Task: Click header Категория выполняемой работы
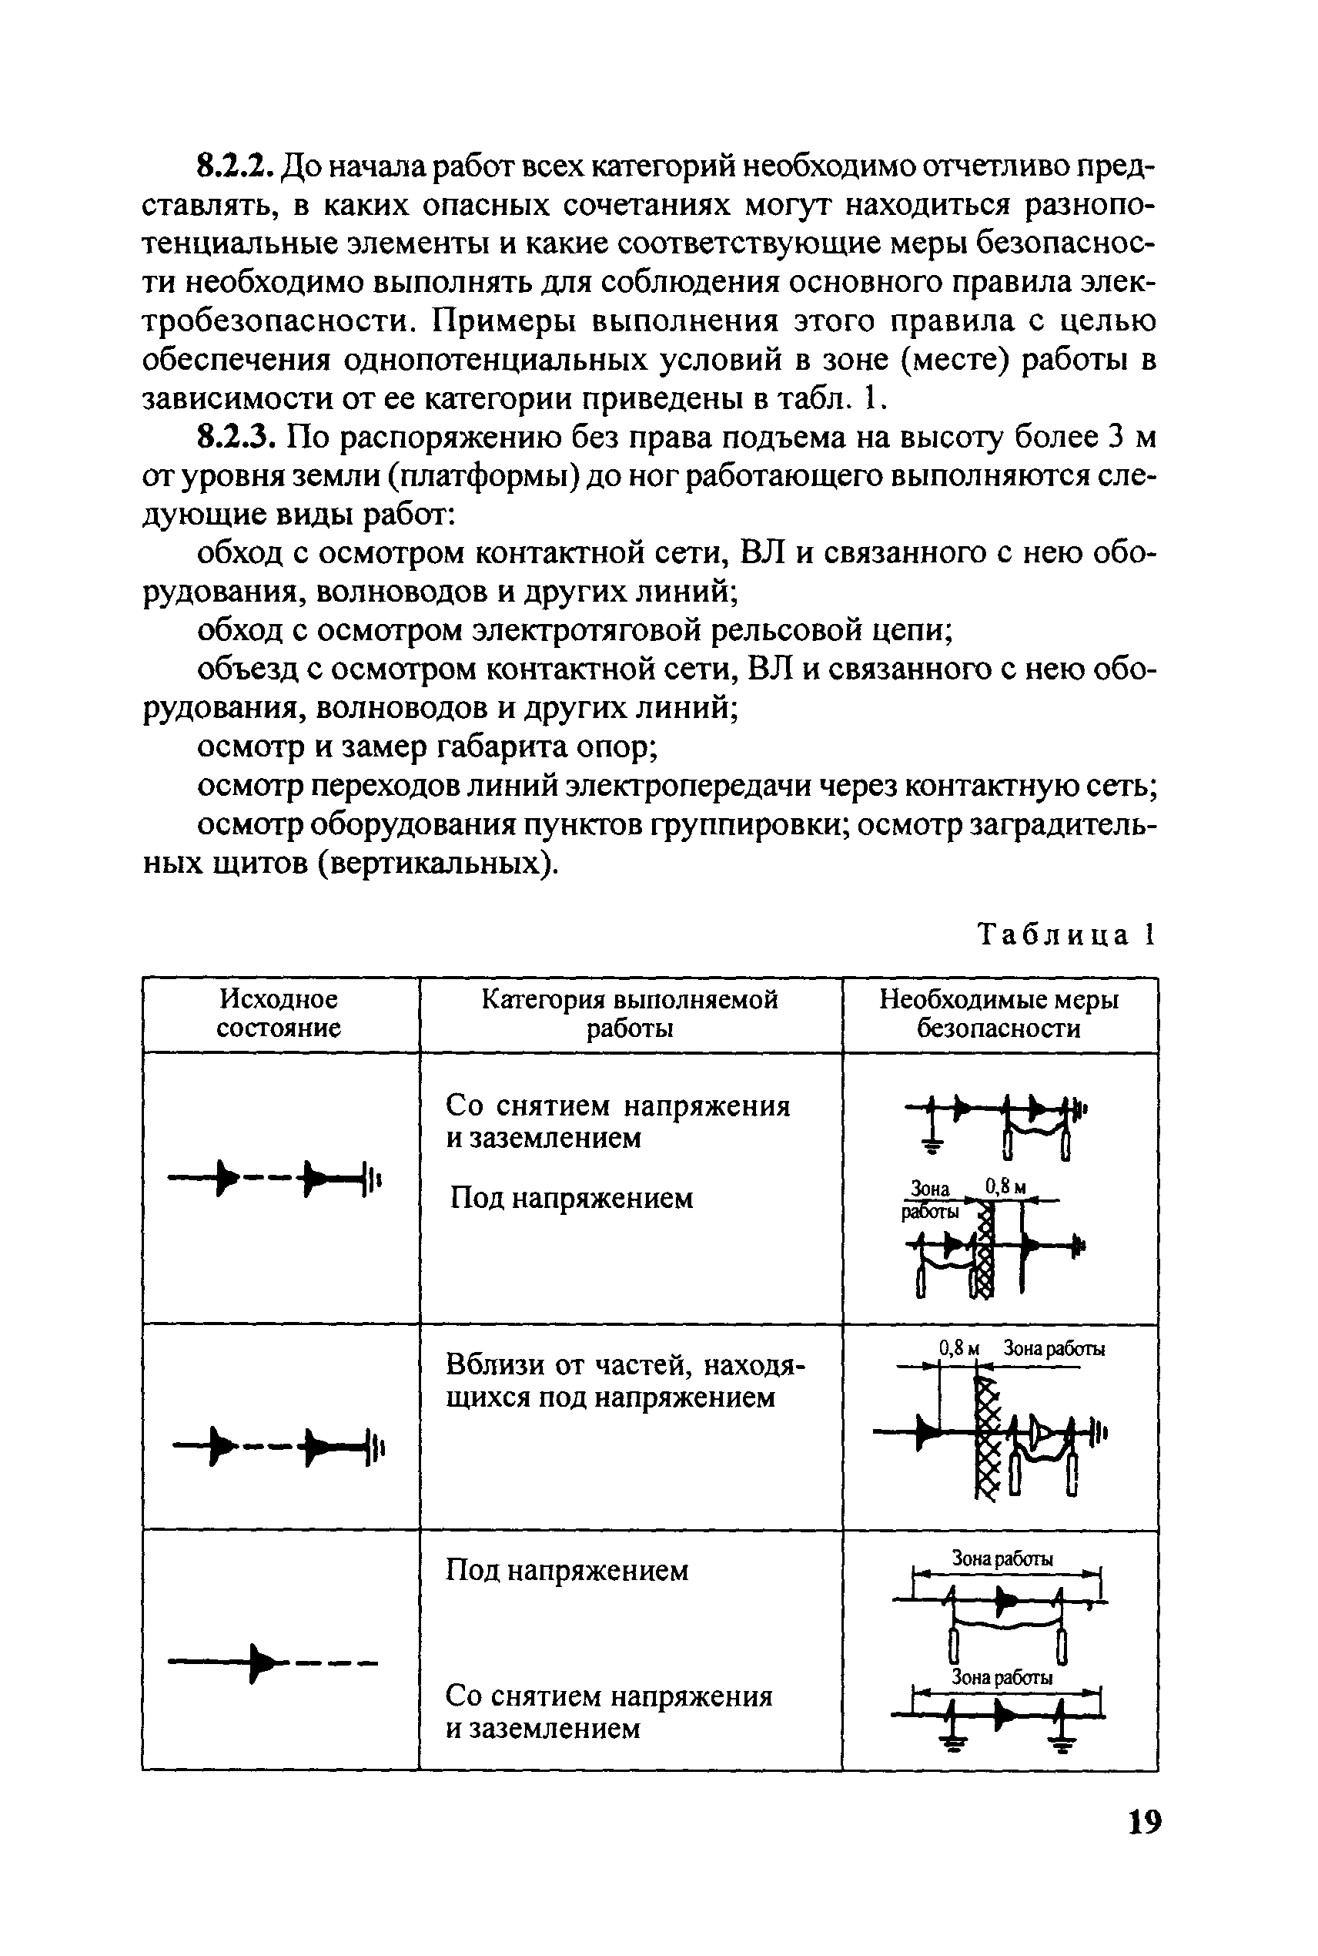pos(630,1013)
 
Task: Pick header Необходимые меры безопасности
pos(999,1013)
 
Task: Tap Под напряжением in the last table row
pos(567,1570)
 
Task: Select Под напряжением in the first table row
pos(571,1198)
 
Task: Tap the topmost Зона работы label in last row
pos(1001,1558)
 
